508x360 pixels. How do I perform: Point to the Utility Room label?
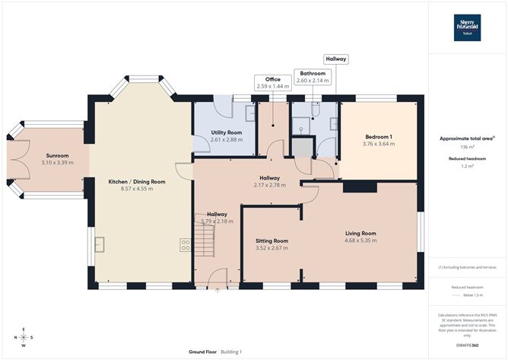point(226,132)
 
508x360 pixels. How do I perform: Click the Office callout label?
point(272,79)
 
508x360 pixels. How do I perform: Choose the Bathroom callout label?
point(313,74)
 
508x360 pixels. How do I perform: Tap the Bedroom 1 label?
point(378,136)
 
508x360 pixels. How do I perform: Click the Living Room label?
point(360,234)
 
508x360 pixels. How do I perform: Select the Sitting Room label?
point(271,240)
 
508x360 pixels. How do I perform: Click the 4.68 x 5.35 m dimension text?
point(360,241)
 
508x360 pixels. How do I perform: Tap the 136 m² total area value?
point(467,148)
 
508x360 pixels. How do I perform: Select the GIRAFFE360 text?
point(467,345)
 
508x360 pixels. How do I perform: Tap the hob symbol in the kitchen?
point(184,244)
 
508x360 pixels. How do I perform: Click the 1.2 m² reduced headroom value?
point(467,166)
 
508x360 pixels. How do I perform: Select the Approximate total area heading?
point(465,139)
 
